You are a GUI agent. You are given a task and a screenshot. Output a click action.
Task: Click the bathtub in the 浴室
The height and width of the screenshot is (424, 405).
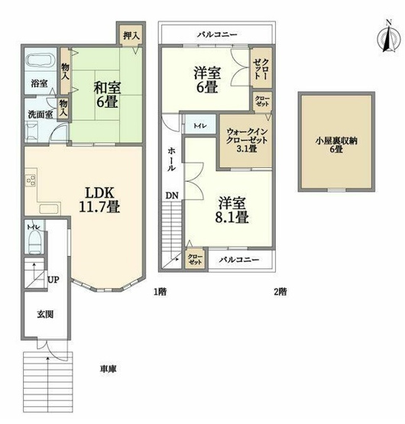pyautogui.click(x=36, y=62)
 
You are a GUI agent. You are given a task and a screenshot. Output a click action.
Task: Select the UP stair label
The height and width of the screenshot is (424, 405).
pyautogui.click(x=53, y=280)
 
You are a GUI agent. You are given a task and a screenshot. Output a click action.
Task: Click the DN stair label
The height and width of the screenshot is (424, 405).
pyautogui.click(x=173, y=196)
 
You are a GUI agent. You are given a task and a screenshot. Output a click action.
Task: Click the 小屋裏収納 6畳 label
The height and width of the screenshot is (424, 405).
pyautogui.click(x=337, y=146)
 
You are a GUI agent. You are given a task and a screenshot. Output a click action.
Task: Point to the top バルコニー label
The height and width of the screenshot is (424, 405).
pyautogui.click(x=217, y=34)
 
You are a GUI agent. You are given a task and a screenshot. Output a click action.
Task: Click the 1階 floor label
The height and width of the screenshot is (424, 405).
pyautogui.click(x=159, y=291)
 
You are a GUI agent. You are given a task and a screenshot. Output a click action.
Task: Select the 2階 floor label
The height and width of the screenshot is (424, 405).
pyautogui.click(x=280, y=291)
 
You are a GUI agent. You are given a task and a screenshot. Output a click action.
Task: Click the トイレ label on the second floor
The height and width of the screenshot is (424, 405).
pyautogui.click(x=198, y=124)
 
